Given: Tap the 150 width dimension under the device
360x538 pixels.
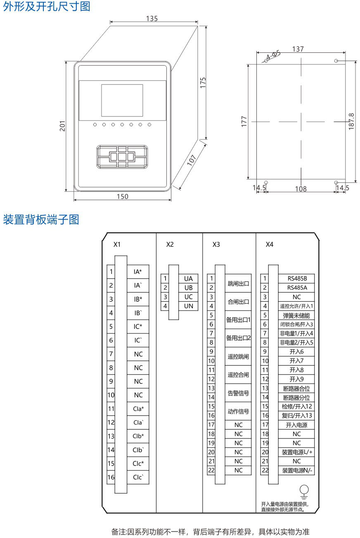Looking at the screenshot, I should click(x=122, y=196).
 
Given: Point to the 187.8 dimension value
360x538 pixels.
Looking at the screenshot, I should click(x=351, y=122).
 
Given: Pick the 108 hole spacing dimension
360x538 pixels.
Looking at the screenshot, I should click(x=301, y=189).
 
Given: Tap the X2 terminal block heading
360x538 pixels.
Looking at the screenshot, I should click(x=170, y=244).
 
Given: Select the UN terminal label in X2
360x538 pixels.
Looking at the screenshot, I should click(x=189, y=306).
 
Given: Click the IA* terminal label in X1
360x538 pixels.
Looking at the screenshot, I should click(x=138, y=272).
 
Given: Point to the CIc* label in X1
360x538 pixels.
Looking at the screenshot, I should click(x=138, y=463).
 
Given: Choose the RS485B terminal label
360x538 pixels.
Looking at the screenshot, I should click(x=296, y=278).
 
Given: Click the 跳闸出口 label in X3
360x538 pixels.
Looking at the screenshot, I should click(x=239, y=283).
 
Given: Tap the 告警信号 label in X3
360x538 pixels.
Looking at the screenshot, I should click(x=239, y=393).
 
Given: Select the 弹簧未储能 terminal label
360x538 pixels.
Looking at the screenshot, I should click(x=296, y=315).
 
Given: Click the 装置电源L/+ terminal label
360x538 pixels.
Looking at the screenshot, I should click(x=296, y=452).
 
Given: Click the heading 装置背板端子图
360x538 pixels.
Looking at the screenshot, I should click(x=41, y=220).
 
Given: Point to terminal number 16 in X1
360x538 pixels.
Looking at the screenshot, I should click(x=111, y=477).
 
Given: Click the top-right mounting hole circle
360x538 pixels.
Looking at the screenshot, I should click(x=336, y=61).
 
